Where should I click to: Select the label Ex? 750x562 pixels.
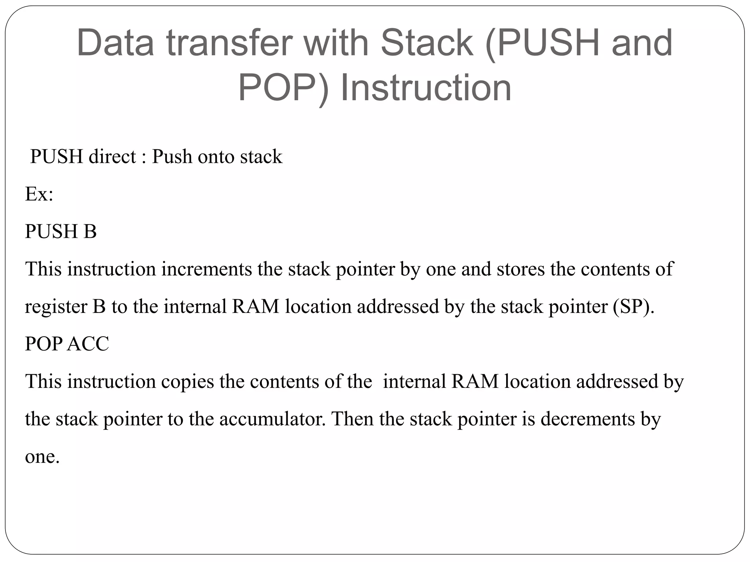click(x=39, y=194)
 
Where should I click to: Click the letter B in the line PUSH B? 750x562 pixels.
click(x=90, y=232)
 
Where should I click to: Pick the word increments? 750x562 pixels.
click(x=207, y=269)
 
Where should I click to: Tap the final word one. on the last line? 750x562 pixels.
click(x=42, y=457)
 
